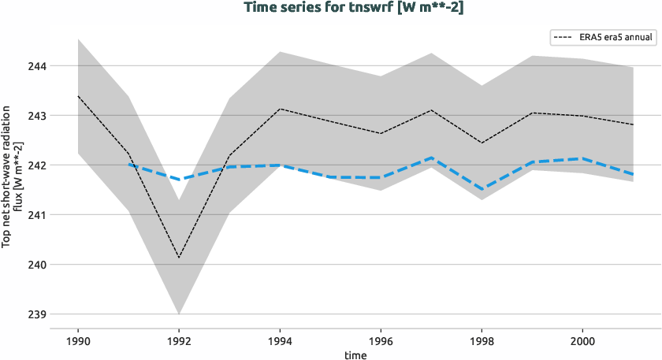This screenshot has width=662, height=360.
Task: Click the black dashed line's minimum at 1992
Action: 179,258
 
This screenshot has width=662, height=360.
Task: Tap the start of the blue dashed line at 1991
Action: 128,165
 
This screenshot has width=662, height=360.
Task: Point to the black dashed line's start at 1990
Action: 78,96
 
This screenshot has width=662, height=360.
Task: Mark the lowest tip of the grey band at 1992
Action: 179,314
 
